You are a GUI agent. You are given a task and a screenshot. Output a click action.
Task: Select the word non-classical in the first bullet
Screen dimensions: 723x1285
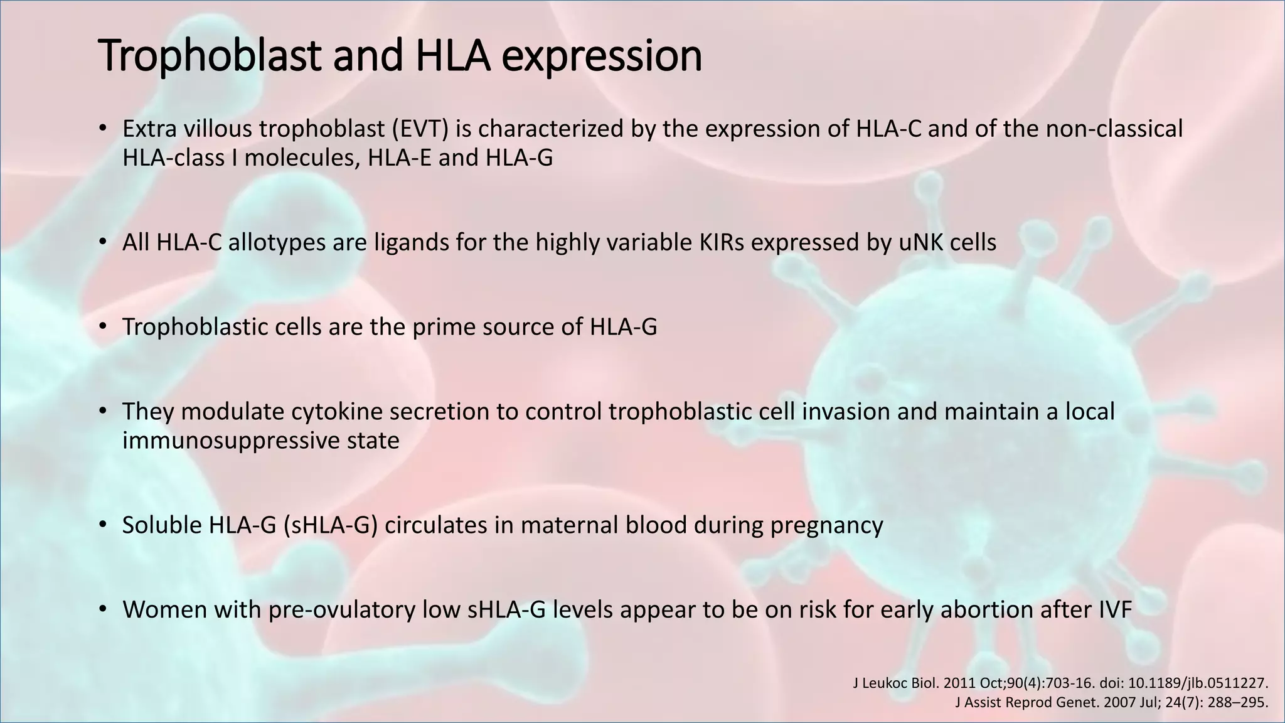coord(1114,129)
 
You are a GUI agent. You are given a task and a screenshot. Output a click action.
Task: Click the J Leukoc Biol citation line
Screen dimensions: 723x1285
coord(1060,683)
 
